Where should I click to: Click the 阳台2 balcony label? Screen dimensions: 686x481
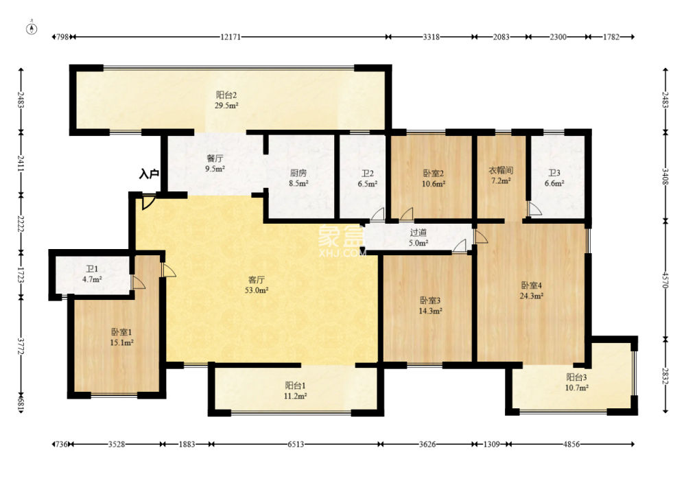[226, 95]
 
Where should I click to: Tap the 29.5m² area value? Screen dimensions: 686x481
[226, 106]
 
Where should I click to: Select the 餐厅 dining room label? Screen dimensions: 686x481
[215, 159]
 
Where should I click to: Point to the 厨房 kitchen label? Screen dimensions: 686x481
[298, 174]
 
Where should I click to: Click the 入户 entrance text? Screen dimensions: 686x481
[148, 174]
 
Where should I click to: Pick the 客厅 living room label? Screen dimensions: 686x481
[257, 280]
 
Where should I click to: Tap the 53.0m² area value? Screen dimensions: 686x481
[257, 290]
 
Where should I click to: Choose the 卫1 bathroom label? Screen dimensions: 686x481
[92, 269]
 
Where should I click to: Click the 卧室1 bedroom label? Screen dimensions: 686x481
[121, 333]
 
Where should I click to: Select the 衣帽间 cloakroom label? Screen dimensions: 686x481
[501, 170]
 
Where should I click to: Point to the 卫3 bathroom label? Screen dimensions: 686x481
[554, 174]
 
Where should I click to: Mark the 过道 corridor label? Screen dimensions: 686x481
[418, 233]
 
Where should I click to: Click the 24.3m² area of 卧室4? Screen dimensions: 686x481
[532, 296]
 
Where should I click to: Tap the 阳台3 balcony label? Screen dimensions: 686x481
[577, 377]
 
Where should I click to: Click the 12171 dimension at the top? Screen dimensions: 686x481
[230, 37]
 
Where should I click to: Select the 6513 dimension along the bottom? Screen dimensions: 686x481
[296, 444]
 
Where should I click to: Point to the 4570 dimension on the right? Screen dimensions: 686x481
[665, 280]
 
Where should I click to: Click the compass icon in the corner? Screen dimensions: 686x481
[32, 28]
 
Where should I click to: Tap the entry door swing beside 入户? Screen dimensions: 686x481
[149, 202]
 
